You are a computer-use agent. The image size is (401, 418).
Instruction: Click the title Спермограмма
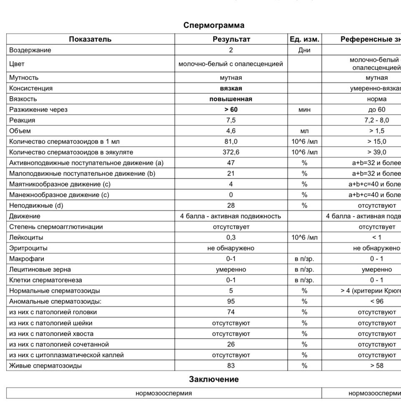(x=214, y=25)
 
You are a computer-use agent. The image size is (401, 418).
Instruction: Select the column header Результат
(x=231, y=39)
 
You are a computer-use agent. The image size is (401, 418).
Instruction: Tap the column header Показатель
(x=90, y=39)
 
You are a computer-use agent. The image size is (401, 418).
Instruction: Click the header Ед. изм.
(x=304, y=39)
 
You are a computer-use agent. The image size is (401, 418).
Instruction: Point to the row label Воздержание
(x=30, y=50)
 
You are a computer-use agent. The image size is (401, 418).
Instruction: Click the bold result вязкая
(x=231, y=88)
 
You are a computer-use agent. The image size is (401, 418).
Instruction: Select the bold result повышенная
(x=231, y=99)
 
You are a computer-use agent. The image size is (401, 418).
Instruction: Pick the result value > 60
(x=231, y=110)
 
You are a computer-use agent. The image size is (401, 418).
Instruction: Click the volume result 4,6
(x=231, y=131)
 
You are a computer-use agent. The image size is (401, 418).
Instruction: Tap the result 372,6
(x=231, y=152)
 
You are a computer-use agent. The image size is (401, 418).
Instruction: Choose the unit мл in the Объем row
(x=304, y=131)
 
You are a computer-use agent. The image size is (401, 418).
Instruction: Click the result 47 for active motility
(x=231, y=163)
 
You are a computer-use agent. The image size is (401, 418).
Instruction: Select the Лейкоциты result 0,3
(x=231, y=237)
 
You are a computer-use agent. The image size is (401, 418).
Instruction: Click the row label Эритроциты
(x=28, y=248)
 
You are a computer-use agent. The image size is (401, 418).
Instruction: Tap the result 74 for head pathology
(x=231, y=312)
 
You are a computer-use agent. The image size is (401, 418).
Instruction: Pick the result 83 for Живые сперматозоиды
(x=231, y=365)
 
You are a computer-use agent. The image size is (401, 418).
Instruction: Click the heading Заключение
(x=214, y=380)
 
